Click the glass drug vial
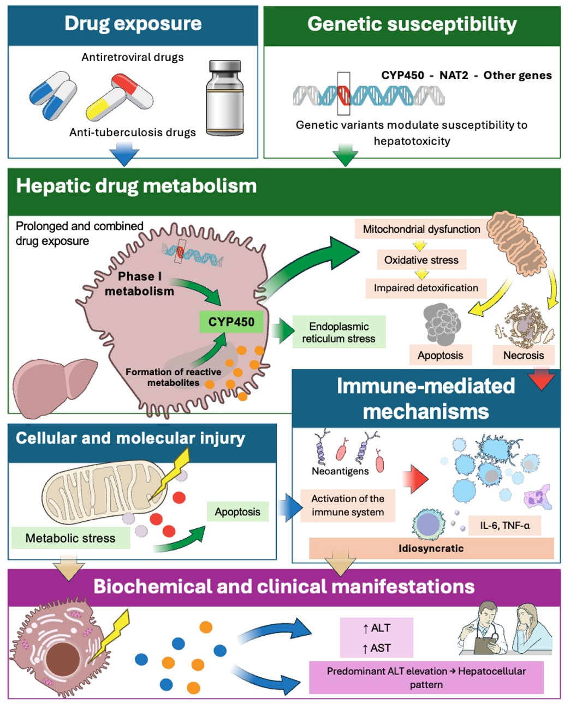click(x=225, y=98)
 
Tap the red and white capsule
click(x=132, y=91)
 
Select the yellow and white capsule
click(x=105, y=105)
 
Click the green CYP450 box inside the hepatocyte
click(x=231, y=322)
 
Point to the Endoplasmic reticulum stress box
click(x=339, y=332)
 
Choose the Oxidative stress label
click(x=421, y=260)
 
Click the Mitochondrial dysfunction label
click(x=421, y=228)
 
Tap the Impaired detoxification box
click(x=426, y=288)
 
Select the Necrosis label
click(x=524, y=355)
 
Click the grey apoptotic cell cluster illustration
click(x=442, y=324)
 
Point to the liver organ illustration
click(x=55, y=387)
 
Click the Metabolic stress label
click(x=70, y=538)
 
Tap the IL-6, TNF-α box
click(x=504, y=525)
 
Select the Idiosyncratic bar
click(x=431, y=548)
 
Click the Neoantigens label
click(x=340, y=471)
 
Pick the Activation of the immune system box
click(x=348, y=505)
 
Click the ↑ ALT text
click(x=377, y=628)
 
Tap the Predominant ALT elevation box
click(x=426, y=678)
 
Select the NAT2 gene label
click(x=454, y=75)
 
